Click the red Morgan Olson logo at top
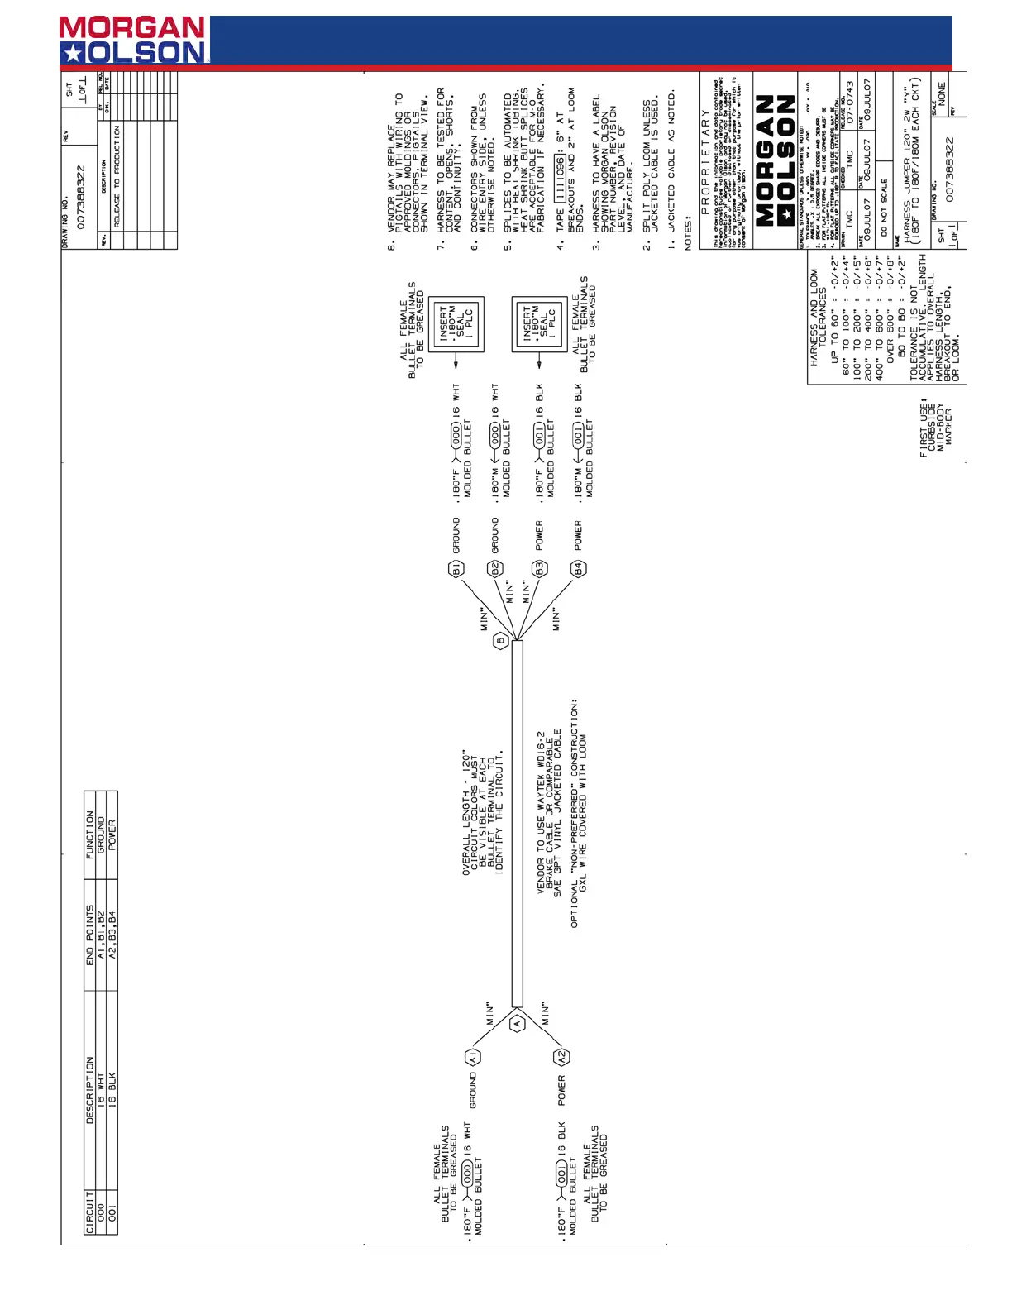point(133,40)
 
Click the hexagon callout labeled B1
point(456,569)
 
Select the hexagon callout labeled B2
point(495,569)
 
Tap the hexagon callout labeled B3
point(539,569)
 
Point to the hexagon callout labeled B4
point(578,569)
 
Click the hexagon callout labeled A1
point(473,1057)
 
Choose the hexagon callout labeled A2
point(561,1057)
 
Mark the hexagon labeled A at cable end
point(518,1023)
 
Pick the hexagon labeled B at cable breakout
point(500,641)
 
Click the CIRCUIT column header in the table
point(90,1212)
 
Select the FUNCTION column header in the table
point(90,834)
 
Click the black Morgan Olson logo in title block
point(775,160)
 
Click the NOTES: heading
point(688,234)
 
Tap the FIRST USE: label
point(924,428)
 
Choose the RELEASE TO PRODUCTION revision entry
point(117,176)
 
